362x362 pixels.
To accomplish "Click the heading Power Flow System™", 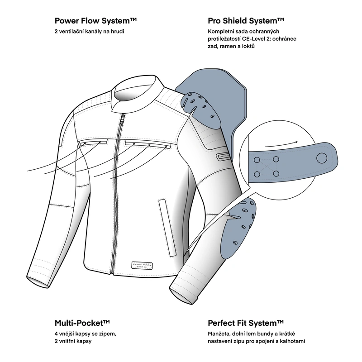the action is click(95, 21).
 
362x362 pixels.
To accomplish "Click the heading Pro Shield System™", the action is click(246, 21).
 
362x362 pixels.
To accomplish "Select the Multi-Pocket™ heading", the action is click(82, 323).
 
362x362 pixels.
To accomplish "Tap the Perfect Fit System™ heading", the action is click(246, 323).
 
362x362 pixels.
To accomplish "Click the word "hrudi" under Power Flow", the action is click(118, 31).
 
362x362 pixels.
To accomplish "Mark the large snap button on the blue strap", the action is click(322, 158).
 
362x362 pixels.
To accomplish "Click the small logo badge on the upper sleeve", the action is click(223, 156).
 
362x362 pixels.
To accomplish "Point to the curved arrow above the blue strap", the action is click(281, 144).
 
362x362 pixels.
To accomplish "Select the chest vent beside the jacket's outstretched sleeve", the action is click(93, 142).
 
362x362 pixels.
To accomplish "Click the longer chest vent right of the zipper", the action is click(148, 143).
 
